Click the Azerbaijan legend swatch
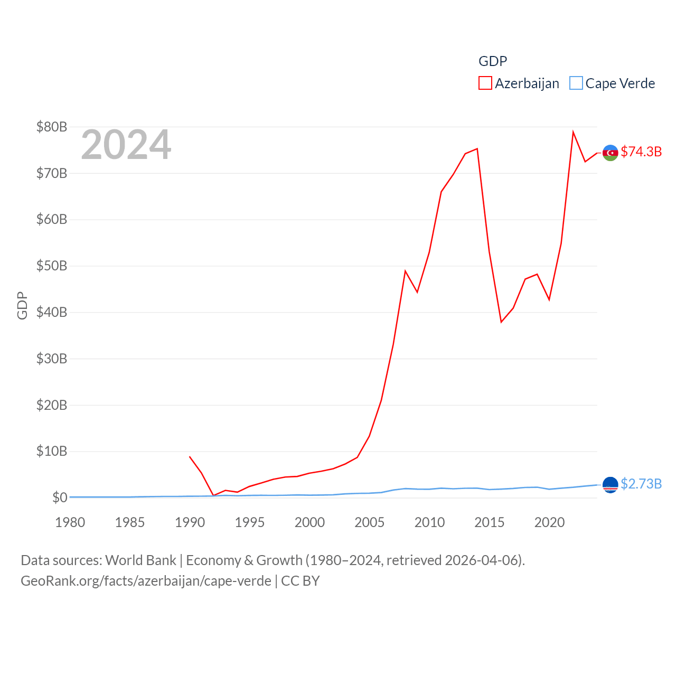pos(485,83)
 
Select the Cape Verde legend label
pos(620,83)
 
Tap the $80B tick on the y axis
pos(52,127)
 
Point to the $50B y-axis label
pos(52,266)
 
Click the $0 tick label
pos(60,497)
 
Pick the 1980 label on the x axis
pos(70,522)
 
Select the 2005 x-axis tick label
pos(370,522)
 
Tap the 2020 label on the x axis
pos(549,522)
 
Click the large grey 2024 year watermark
pos(126,145)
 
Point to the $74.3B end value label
pos(641,152)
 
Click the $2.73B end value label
pos(641,484)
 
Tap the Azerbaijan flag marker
pos(610,153)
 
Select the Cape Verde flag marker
pos(610,484)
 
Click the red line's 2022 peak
pos(573,132)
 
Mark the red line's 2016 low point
pos(501,322)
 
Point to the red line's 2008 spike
pos(405,271)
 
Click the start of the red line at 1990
pos(190,457)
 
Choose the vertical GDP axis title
pos(22,305)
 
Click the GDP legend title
pos(493,61)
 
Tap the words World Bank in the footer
pos(140,560)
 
